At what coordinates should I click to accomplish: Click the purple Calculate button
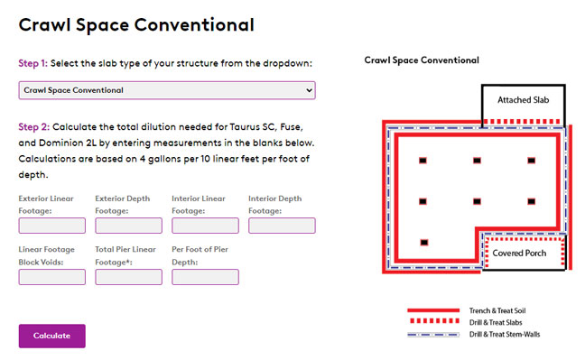click(x=51, y=336)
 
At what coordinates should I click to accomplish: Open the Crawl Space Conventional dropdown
click(x=167, y=90)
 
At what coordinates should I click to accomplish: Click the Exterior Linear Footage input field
click(x=51, y=226)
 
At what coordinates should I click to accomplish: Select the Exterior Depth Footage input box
click(x=129, y=226)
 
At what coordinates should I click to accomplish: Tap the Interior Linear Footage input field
click(x=205, y=226)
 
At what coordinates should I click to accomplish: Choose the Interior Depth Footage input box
click(x=282, y=226)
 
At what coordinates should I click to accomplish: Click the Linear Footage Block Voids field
click(x=51, y=277)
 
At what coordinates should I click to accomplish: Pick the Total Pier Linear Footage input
click(x=129, y=277)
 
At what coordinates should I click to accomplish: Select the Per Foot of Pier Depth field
click(x=205, y=277)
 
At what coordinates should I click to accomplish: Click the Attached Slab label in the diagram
click(x=523, y=100)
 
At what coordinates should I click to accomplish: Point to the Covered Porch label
click(x=519, y=253)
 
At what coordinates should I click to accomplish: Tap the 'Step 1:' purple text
click(x=33, y=63)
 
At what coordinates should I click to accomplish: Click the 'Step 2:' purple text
click(x=34, y=127)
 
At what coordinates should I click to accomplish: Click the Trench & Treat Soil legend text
click(x=497, y=310)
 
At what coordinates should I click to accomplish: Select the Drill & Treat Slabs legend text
click(x=496, y=322)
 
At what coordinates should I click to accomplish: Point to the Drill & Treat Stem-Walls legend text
click(x=505, y=334)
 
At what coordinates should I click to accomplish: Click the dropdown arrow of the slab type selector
click(x=309, y=90)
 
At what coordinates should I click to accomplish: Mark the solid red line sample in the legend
click(x=433, y=310)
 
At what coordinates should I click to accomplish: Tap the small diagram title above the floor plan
click(x=422, y=60)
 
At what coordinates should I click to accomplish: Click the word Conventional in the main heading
click(x=194, y=25)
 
